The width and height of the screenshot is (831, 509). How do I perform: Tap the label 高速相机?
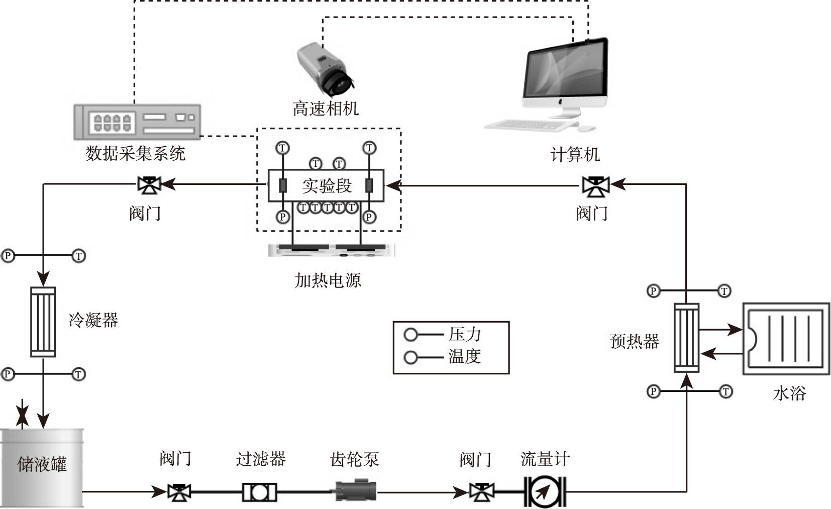click(326, 108)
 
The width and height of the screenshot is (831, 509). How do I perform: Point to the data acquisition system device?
click(137, 122)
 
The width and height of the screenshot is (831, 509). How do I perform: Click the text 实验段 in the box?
click(327, 186)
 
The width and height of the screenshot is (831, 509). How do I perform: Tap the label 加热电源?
click(328, 280)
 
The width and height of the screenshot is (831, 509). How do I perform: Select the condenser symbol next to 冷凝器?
click(43, 322)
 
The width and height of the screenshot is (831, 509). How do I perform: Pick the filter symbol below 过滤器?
click(259, 492)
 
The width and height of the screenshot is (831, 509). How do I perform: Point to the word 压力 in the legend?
click(465, 334)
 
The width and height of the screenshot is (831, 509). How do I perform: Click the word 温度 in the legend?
click(465, 357)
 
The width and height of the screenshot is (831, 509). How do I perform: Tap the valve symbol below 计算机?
click(595, 186)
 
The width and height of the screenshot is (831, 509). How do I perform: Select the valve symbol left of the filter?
click(179, 492)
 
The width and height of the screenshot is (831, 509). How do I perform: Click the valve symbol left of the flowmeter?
click(481, 492)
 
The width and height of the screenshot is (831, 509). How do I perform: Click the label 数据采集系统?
click(136, 153)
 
